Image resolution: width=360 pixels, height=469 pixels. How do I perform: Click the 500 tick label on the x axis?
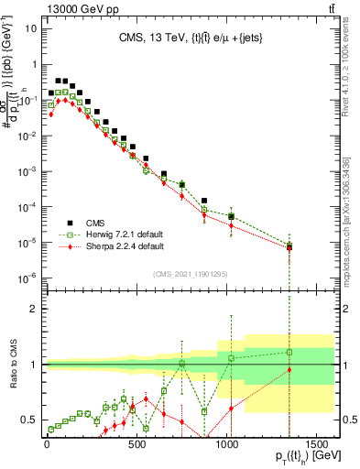click(x=136, y=446)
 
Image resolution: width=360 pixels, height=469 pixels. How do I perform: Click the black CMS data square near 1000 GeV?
click(x=232, y=216)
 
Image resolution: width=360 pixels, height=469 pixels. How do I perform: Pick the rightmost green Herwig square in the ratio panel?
click(x=289, y=352)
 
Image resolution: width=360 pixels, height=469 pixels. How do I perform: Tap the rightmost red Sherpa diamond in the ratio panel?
click(x=289, y=370)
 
